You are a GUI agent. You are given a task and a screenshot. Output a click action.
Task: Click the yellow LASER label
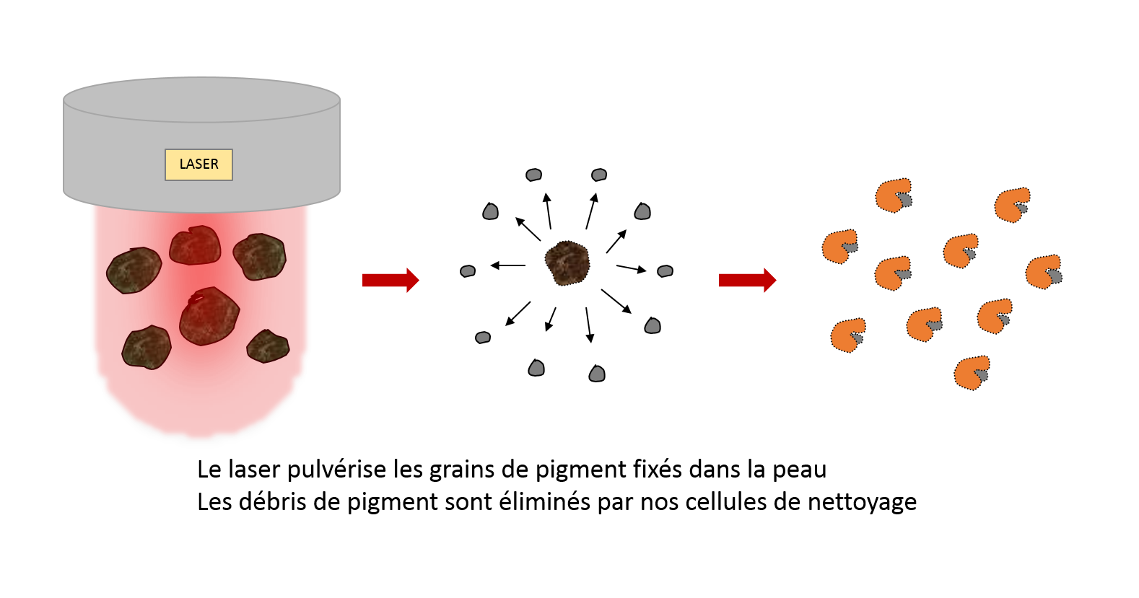pos(198,164)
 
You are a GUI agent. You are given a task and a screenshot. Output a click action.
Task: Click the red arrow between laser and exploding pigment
pos(390,280)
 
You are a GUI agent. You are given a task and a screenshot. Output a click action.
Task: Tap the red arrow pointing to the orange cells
pos(748,280)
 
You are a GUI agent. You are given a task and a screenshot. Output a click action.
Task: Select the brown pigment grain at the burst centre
pos(567,263)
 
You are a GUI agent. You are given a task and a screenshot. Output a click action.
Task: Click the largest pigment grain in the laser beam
pos(209,316)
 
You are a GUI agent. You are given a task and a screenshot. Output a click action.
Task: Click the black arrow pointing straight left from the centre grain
pos(508,265)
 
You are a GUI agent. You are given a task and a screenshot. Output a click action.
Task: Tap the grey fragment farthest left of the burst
pos(468,271)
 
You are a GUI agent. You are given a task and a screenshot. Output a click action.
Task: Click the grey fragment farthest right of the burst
pos(665,271)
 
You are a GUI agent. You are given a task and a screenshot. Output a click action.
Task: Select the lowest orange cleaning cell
pos(972,373)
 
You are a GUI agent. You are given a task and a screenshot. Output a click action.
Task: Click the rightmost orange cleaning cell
pos(1044,273)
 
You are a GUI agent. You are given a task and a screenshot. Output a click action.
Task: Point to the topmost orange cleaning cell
pos(894,195)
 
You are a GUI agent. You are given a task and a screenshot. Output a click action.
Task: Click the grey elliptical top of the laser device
pos(201,100)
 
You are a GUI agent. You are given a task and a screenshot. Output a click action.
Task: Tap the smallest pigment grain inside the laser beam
pos(268,346)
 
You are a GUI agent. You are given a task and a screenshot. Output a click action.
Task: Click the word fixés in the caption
pos(658,469)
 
